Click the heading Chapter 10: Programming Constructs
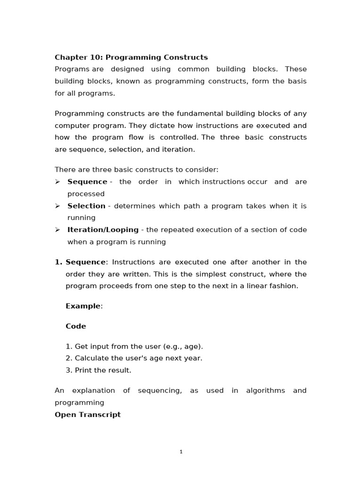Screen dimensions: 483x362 coord(131,57)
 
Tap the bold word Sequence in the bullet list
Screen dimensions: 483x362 coord(87,182)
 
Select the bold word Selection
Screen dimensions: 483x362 coord(86,206)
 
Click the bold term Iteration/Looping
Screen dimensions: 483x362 coord(103,230)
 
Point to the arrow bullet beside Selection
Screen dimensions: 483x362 coord(58,206)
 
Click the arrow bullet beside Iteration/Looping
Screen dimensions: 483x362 coord(58,230)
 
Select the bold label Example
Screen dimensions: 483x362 coord(83,306)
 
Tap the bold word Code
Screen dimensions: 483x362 coord(76,326)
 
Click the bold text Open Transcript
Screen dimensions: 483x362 coord(88,415)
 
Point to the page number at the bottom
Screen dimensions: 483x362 coord(181,451)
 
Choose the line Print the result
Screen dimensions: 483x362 coord(99,370)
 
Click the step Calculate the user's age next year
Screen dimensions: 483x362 coord(134,358)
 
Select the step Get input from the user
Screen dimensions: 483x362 coord(134,346)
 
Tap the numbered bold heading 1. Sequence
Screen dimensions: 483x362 coord(81,262)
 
